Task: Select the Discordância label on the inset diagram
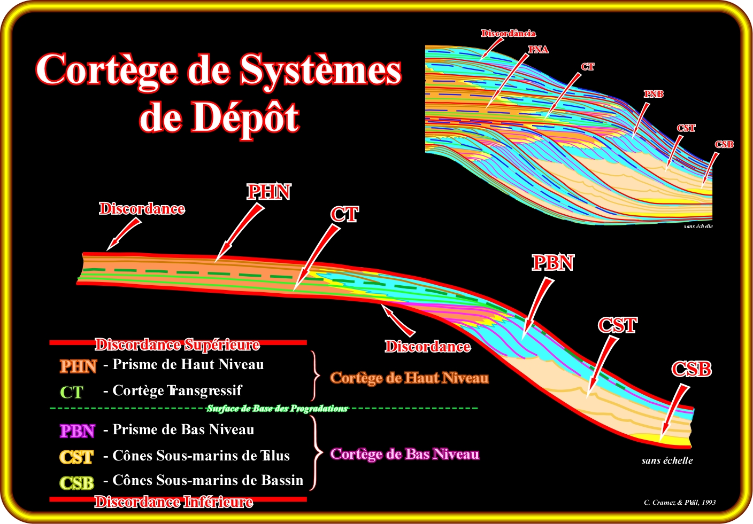[508, 33]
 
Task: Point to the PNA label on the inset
[538, 50]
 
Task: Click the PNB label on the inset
[654, 94]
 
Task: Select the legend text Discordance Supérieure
[177, 345]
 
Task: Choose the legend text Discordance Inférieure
[174, 502]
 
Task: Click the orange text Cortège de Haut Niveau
[409, 378]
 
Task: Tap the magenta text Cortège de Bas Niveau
[404, 454]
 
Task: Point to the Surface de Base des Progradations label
[277, 409]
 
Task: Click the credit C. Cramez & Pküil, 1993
[680, 502]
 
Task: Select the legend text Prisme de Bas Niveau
[183, 429]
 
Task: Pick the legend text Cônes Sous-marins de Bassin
[208, 480]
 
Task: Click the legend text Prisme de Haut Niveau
[188, 364]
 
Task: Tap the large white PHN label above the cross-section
[268, 192]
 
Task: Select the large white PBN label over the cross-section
[552, 263]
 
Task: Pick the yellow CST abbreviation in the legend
[76, 457]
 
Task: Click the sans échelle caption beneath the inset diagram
[698, 226]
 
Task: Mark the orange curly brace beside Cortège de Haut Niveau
[316, 376]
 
